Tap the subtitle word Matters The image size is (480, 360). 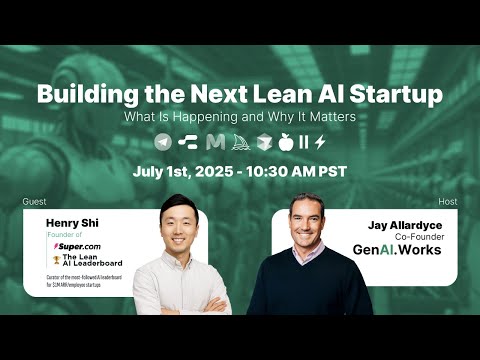pyautogui.click(x=327, y=117)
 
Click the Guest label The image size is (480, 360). pyautogui.click(x=34, y=202)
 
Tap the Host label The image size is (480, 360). pyautogui.click(x=447, y=202)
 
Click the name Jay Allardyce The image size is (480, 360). pyautogui.click(x=402, y=225)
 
